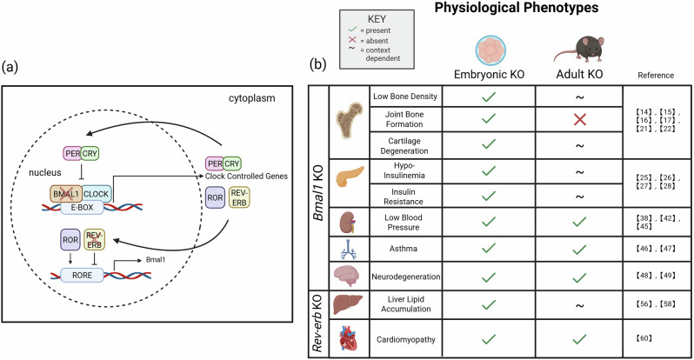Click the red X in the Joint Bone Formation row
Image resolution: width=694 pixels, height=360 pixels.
coord(579,119)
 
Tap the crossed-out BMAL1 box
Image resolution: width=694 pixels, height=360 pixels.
coord(66,194)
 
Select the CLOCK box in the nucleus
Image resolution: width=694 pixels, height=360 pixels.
coord(96,194)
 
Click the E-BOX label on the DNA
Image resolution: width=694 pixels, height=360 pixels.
coord(82,207)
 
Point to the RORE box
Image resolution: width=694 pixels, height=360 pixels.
coord(83,276)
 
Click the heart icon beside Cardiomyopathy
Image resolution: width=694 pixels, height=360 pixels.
coord(349,338)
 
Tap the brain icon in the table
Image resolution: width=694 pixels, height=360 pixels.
coord(347,277)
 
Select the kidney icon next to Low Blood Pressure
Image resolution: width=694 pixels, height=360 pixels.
coord(348,222)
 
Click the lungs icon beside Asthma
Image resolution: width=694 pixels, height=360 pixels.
coord(348,249)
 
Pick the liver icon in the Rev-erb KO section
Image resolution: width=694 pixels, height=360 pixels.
coord(348,304)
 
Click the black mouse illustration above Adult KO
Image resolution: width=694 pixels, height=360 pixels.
coord(579,50)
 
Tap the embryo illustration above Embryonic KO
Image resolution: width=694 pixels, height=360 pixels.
coord(490,50)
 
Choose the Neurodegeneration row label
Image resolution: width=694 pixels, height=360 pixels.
coord(406,277)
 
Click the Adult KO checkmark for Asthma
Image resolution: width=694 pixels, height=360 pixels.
coord(579,249)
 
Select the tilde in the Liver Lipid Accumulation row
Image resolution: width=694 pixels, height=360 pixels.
coord(579,305)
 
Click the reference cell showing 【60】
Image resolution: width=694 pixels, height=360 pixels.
coord(644,338)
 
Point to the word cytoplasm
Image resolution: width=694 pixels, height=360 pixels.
coord(252,98)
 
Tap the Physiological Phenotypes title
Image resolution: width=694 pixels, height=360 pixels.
coord(517,8)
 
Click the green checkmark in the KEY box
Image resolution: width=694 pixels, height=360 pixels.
coord(352,30)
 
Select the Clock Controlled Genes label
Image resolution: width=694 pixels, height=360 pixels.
coord(246,177)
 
